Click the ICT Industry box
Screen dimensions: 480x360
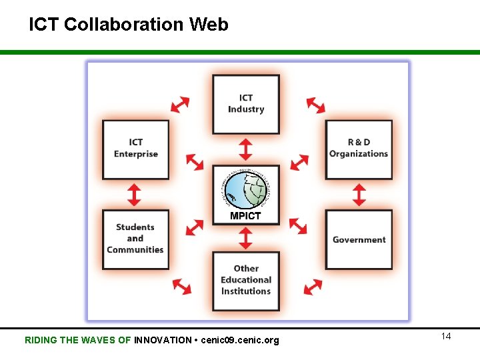tap(246, 104)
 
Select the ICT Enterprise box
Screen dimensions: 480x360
tap(135, 149)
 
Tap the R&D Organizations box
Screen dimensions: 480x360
tap(358, 149)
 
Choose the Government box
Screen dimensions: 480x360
tap(359, 239)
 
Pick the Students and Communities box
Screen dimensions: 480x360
tap(135, 239)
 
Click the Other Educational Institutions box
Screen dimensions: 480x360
tap(246, 280)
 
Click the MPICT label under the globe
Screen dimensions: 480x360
tap(245, 216)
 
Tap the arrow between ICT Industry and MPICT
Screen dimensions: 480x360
tap(246, 149)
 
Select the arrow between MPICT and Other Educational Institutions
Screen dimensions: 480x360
tap(246, 238)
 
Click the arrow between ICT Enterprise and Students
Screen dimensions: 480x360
tap(135, 195)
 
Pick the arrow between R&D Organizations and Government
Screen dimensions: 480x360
tap(359, 195)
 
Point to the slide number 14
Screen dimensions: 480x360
tap(446, 336)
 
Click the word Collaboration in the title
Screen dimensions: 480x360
tap(124, 25)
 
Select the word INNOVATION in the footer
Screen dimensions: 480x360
tap(163, 340)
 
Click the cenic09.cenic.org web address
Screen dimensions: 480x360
tap(239, 340)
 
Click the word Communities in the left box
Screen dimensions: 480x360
tap(135, 250)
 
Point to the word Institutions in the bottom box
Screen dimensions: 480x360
tap(246, 291)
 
